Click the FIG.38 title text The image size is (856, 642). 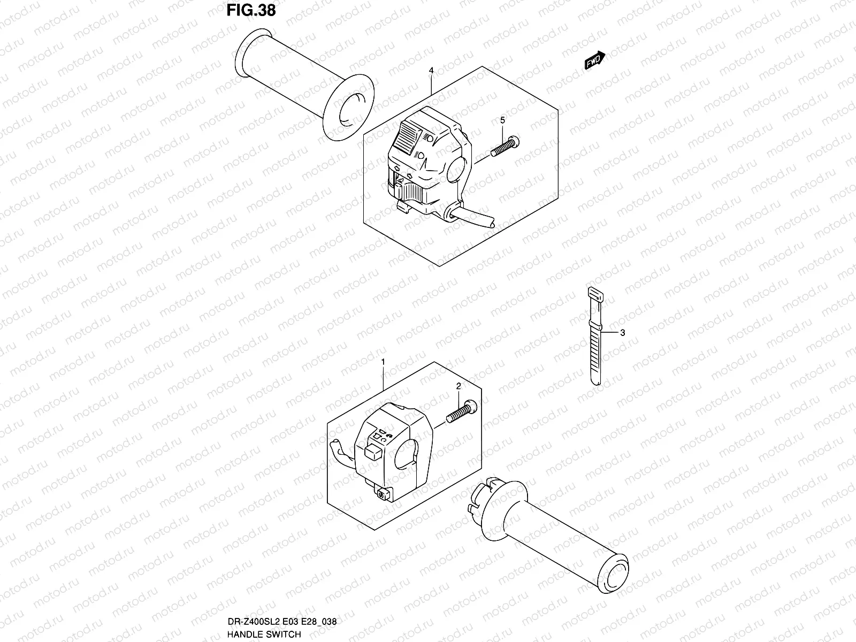251,10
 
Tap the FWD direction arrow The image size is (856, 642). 594,60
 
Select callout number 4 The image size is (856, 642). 431,71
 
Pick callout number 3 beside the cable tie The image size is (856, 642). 622,332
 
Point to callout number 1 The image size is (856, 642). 383,362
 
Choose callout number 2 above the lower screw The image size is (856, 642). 458,386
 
